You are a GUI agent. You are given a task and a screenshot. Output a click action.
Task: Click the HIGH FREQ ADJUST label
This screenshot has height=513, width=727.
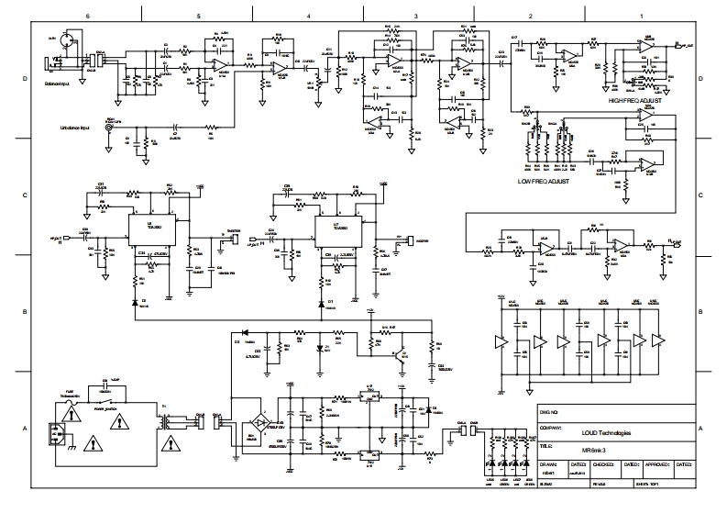pos(634,100)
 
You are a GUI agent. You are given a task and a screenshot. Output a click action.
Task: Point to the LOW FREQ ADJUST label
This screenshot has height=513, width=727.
pos(545,182)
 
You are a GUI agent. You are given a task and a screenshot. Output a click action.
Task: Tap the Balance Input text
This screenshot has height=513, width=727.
pos(58,83)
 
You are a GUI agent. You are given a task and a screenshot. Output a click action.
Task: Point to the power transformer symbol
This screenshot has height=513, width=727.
pos(168,424)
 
